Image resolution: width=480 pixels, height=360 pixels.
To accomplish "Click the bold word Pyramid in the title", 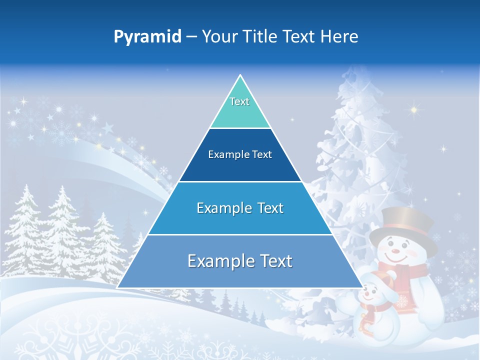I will click(x=147, y=37).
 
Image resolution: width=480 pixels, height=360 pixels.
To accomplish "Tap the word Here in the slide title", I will click(x=341, y=36).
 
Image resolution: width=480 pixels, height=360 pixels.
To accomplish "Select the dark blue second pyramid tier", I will click(x=240, y=155).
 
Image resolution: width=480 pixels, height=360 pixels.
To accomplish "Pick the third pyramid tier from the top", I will click(x=240, y=208).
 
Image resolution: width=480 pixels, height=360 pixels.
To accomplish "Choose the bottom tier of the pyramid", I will click(x=240, y=261).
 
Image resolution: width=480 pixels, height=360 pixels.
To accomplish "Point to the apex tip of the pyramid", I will click(x=240, y=76).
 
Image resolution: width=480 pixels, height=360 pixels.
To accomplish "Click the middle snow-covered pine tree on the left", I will click(x=62, y=225).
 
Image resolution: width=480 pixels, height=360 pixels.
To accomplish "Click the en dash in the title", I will click(x=191, y=37).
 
